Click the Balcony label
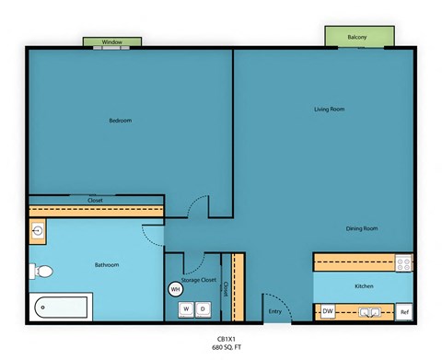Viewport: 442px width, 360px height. [357, 37]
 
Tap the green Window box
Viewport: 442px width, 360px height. [112, 42]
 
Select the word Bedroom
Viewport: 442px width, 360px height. [121, 121]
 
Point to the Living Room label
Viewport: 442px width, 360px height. [329, 110]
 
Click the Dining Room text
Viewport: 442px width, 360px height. [361, 228]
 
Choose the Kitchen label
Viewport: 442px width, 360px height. [364, 286]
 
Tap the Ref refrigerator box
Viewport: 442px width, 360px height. [403, 312]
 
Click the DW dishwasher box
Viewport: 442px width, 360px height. [328, 312]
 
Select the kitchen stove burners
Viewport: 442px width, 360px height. [403, 263]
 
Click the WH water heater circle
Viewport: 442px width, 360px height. [176, 289]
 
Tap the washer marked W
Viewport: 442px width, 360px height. [185, 309]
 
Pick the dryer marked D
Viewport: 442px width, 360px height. [202, 309]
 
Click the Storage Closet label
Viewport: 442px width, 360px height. [199, 280]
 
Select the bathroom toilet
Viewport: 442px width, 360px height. [41, 272]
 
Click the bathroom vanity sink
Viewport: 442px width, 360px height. [38, 231]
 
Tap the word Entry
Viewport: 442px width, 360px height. [274, 311]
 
